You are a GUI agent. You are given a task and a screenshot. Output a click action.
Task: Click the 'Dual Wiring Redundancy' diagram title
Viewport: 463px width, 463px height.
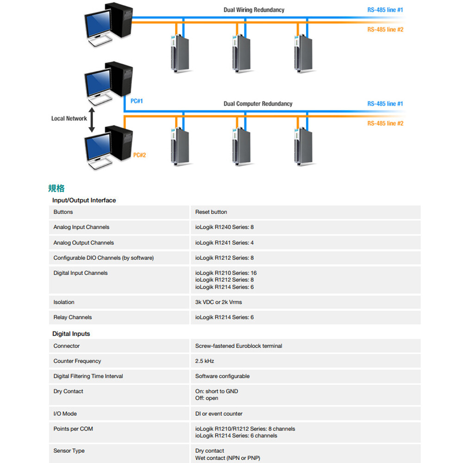254,10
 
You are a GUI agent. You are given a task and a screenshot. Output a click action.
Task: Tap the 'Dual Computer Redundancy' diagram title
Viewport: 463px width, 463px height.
258,104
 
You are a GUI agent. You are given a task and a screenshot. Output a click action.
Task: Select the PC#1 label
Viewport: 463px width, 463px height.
137,101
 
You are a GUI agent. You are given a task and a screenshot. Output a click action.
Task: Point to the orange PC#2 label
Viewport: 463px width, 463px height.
139,155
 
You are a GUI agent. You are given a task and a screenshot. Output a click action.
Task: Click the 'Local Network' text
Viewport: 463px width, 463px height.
69,119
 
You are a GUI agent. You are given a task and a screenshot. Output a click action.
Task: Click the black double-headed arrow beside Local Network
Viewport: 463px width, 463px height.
92,120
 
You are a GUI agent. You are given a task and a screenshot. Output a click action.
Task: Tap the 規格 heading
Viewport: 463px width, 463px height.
56,188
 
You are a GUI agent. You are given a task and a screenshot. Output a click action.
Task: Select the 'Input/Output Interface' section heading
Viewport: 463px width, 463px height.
84,200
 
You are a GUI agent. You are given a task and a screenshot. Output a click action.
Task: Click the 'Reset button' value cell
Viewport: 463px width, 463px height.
211,212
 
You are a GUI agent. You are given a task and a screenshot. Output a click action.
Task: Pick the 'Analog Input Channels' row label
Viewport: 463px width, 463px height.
81,227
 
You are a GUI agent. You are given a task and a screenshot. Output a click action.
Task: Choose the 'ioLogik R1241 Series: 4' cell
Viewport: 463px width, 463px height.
225,243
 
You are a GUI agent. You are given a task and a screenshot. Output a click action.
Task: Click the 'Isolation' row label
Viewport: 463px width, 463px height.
64,302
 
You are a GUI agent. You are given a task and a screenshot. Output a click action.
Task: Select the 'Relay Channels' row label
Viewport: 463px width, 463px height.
73,318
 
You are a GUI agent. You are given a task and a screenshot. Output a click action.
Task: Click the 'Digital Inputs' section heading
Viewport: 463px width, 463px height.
71,334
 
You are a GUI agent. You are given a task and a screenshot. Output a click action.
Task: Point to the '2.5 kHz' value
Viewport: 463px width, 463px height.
205,361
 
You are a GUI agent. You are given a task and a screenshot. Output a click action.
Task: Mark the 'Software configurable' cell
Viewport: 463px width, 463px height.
222,376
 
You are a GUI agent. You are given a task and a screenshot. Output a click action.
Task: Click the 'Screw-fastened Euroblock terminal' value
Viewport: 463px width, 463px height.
238,346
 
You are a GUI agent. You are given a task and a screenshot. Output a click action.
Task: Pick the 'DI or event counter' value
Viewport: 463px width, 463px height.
219,414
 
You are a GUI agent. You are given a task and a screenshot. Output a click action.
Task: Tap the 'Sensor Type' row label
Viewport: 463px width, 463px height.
69,451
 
